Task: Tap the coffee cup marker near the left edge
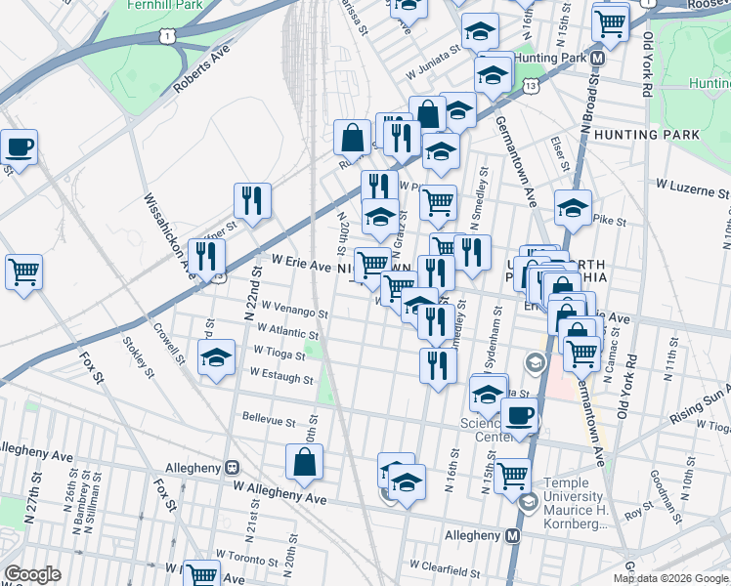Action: tap(19, 148)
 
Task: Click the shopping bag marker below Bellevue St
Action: tap(304, 463)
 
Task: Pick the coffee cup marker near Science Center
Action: tap(519, 416)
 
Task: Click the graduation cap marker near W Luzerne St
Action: tap(573, 208)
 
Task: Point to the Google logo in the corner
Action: tap(32, 574)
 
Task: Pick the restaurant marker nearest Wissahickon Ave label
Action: tap(205, 257)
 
